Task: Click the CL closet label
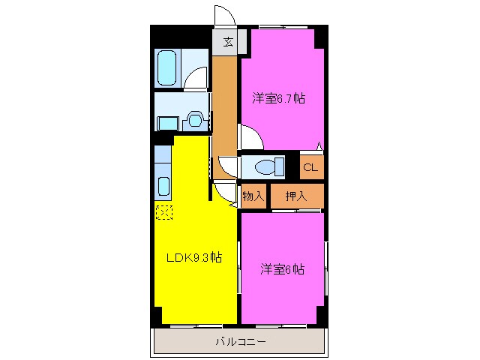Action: (x=310, y=167)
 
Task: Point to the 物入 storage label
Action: (x=253, y=196)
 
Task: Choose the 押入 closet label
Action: (x=296, y=196)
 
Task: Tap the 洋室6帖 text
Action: (x=283, y=269)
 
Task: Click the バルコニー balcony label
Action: (x=239, y=342)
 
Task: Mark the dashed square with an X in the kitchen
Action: (x=163, y=212)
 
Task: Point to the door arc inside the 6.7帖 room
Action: (x=250, y=136)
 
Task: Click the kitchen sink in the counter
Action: (x=163, y=185)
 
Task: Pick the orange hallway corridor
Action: (x=224, y=112)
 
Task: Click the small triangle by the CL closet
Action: (x=319, y=146)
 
